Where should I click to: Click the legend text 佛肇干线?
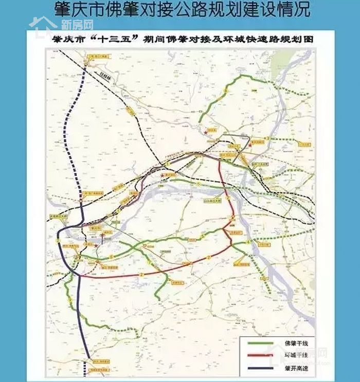(x=290, y=343)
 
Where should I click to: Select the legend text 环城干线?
(x=290, y=355)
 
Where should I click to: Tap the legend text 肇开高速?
(x=290, y=367)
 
